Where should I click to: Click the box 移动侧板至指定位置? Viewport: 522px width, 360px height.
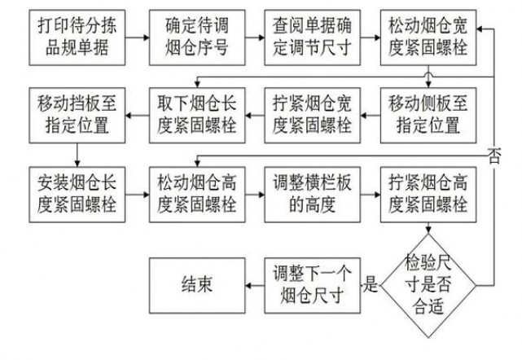[428, 114]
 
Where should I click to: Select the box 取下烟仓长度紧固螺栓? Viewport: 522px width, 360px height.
[193, 114]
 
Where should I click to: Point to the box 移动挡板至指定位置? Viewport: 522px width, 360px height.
[76, 114]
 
